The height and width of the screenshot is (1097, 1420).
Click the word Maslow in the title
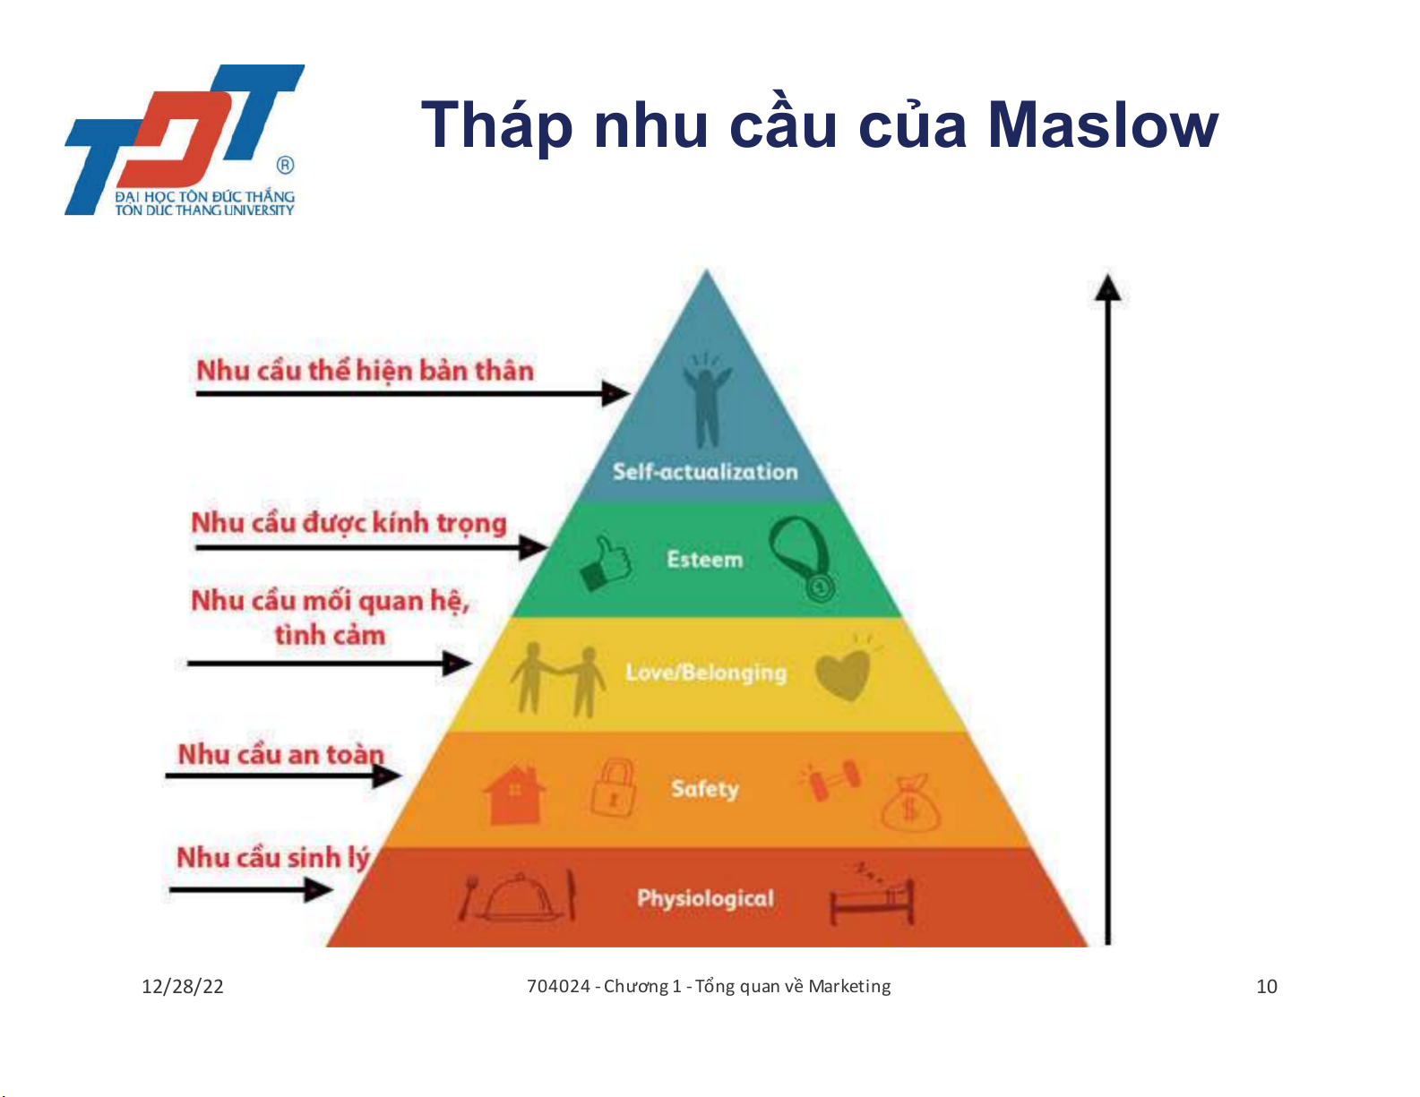pos(1103,124)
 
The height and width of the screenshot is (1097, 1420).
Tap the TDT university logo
pos(185,140)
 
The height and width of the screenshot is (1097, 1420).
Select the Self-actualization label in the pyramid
pos(705,471)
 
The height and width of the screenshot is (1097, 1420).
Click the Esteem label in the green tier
pos(704,560)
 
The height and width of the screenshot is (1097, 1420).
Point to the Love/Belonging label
pos(706,673)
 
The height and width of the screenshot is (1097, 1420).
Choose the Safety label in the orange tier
pos(705,789)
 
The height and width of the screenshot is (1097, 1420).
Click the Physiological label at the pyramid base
pos(705,899)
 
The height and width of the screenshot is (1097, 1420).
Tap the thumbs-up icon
pos(605,563)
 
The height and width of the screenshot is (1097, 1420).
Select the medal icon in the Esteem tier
pos(802,558)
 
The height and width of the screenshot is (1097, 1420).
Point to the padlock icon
pos(613,788)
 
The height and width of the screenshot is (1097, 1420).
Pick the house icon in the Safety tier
pos(514,794)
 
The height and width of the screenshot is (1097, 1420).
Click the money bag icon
pos(910,804)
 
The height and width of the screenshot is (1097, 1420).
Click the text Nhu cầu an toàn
pos(281,755)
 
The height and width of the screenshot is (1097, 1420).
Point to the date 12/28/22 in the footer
pos(183,987)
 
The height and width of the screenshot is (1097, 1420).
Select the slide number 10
pos(1267,987)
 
